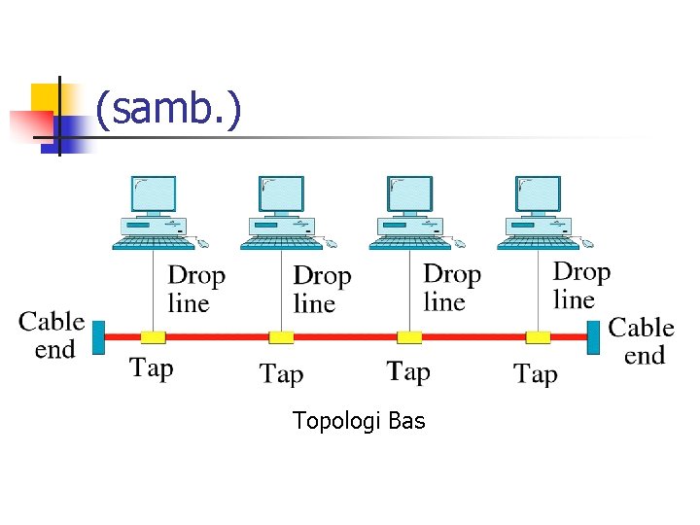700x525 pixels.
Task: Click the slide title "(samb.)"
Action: coord(166,110)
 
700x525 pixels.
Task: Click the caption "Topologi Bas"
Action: coord(359,421)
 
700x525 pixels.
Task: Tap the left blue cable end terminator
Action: coord(98,336)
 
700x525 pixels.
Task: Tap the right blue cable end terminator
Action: coord(594,336)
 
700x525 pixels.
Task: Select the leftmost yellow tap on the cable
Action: coord(154,337)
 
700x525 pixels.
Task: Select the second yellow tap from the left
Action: coord(281,337)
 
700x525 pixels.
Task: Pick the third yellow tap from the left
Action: coord(409,337)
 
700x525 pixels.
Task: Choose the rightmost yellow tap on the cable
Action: coord(538,337)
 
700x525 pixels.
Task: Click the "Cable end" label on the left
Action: coord(52,335)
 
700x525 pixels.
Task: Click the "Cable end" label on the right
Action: coord(642,341)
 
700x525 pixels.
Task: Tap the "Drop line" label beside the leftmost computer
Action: coord(196,290)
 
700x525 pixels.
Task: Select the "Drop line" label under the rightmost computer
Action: coord(580,285)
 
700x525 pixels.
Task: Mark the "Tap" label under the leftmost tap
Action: coord(152,367)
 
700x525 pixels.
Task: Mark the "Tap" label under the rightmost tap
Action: coord(536,373)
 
